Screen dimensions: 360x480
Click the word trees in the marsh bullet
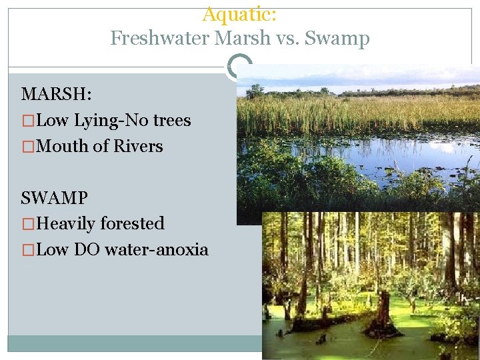tap(172, 121)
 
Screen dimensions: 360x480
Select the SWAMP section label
tap(54, 198)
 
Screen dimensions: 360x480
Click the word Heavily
tap(66, 223)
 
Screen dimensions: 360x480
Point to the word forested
tap(133, 223)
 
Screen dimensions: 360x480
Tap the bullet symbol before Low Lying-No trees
tap(27, 121)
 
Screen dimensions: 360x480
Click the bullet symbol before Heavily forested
tap(27, 223)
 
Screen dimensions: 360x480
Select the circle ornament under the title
tap(239, 67)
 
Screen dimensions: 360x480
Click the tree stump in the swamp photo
tap(383, 317)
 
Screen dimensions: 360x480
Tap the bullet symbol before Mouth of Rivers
tap(27, 146)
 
